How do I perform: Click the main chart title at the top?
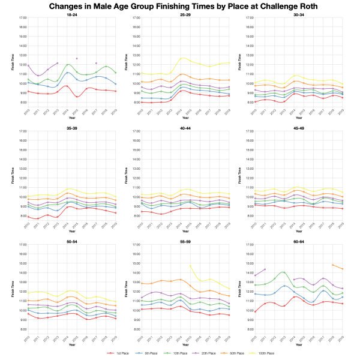click(180, 6)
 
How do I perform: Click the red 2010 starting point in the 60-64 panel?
click(256, 311)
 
